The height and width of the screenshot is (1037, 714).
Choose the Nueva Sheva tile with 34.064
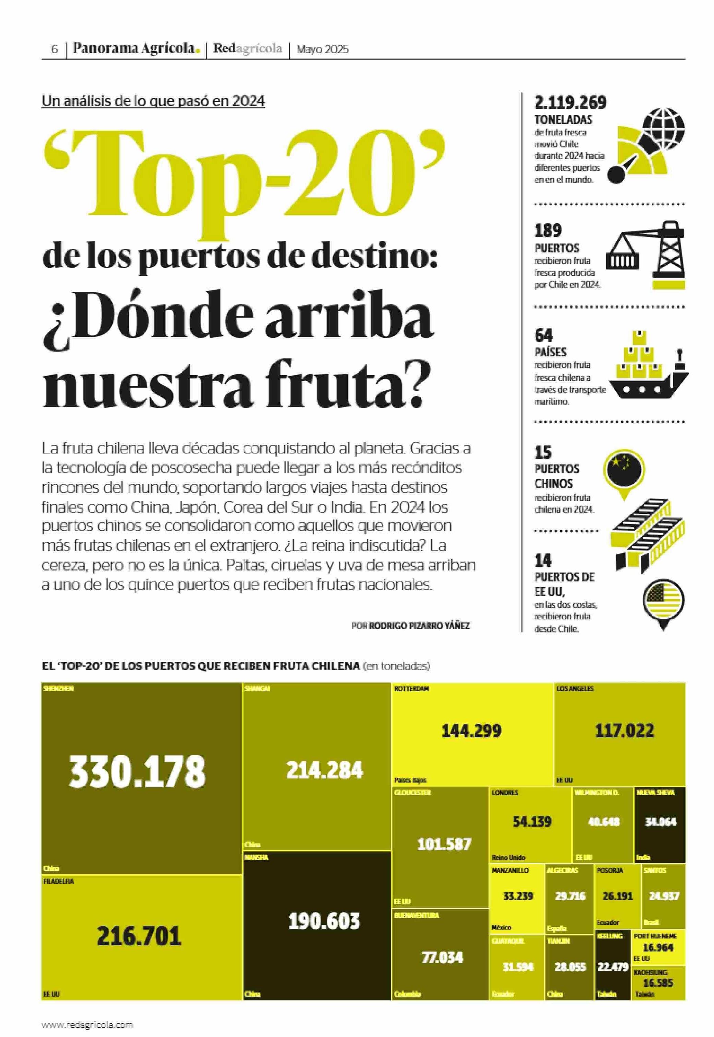tap(661, 822)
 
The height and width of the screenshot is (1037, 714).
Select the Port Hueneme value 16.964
tap(658, 948)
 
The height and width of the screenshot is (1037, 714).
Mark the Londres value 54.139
tap(532, 821)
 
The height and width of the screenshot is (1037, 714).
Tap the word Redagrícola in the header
tap(247, 49)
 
